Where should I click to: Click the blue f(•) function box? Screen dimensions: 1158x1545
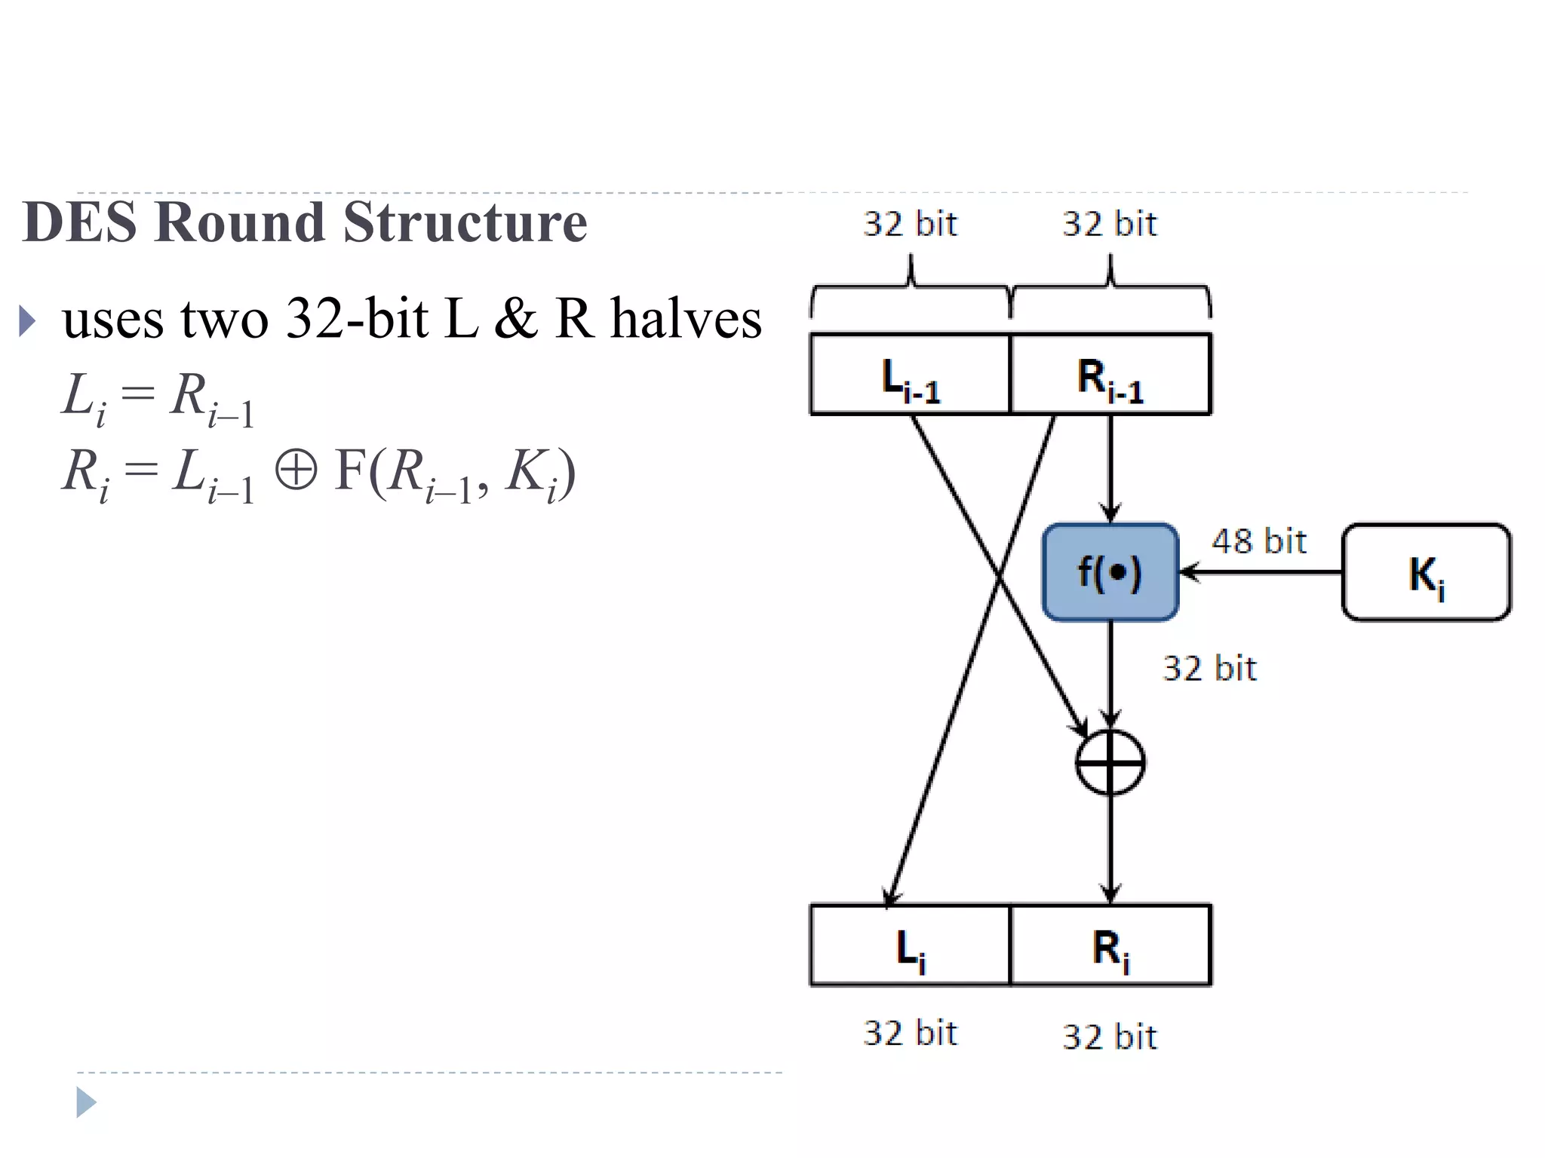(1110, 572)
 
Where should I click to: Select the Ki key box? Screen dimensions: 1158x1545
(1426, 573)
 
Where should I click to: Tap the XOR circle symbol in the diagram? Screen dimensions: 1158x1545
(1110, 762)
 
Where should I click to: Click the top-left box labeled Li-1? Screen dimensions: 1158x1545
(910, 375)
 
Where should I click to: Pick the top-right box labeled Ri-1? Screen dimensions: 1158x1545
(1110, 375)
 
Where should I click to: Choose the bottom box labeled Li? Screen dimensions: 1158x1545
(910, 945)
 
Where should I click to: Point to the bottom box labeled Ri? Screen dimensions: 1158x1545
(1110, 945)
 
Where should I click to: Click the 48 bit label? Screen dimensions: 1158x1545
(1258, 541)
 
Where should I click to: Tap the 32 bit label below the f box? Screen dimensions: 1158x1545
(1209, 669)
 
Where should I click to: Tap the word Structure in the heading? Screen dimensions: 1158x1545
(465, 222)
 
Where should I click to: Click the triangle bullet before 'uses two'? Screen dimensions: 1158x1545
(27, 321)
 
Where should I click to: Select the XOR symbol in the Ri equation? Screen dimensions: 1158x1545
(295, 471)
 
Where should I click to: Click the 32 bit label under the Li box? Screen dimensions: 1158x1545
(910, 1033)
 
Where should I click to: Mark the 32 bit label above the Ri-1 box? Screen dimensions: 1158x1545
(1109, 224)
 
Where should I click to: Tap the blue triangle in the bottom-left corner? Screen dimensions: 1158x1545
(86, 1102)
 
